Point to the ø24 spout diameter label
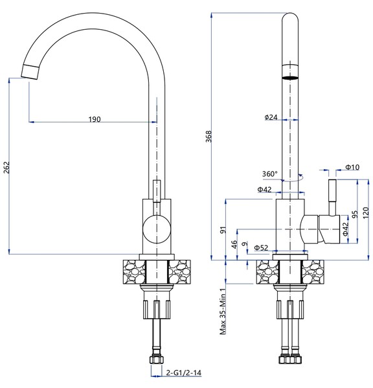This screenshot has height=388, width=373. pos(271,117)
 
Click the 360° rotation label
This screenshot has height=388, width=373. pos(269,174)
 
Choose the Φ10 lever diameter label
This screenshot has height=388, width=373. pos(352,167)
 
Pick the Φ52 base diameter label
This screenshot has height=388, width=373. pos(262,247)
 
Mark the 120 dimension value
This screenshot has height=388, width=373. pos(367,212)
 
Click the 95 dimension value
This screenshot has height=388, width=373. pos(354,214)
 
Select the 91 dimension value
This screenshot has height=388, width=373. pos(223,229)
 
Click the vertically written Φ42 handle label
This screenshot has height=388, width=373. pos(345,228)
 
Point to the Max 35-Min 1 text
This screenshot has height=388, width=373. pos(222,312)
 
